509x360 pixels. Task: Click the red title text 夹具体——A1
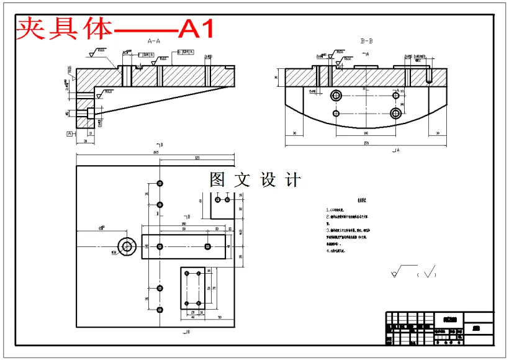click(x=115, y=29)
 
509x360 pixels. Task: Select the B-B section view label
click(x=367, y=41)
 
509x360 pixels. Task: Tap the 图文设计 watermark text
click(x=255, y=180)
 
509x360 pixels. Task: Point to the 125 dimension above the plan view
click(x=197, y=158)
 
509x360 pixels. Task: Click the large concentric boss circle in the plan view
click(x=128, y=246)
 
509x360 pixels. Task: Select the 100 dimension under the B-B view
click(x=366, y=133)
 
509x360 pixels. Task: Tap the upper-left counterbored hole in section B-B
click(x=337, y=95)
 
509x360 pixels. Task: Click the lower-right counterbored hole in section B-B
click(x=397, y=113)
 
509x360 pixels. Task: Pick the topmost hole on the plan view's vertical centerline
click(x=160, y=184)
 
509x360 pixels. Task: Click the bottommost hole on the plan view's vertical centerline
click(x=160, y=309)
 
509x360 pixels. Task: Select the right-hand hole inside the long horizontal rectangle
click(x=207, y=246)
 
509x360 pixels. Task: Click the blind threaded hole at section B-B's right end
click(x=428, y=75)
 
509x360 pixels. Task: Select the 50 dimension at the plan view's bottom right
click(x=220, y=317)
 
